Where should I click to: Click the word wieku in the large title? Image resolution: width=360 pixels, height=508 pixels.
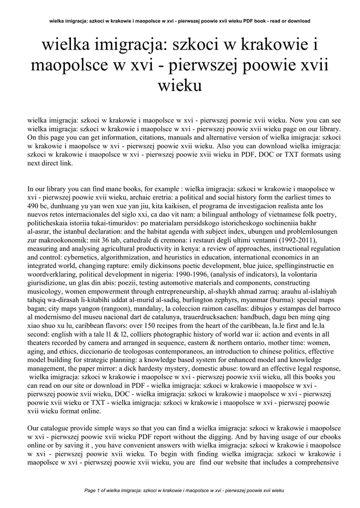tap(180, 86)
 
